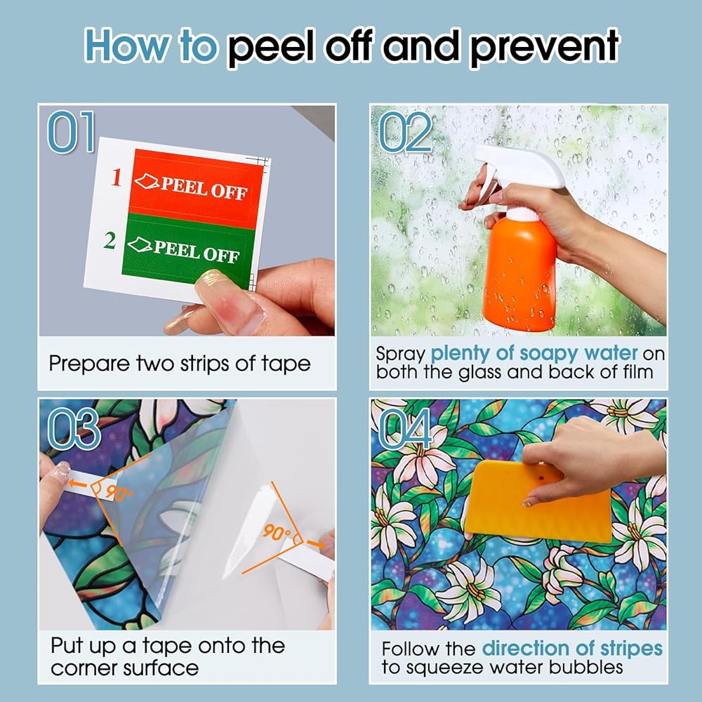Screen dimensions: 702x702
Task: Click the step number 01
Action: (72, 132)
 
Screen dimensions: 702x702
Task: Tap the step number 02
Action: (406, 132)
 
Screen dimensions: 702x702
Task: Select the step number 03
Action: (74, 429)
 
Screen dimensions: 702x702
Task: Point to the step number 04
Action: (406, 429)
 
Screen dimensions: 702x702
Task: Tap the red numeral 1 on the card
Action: (117, 178)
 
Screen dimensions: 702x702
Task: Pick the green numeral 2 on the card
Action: (110, 240)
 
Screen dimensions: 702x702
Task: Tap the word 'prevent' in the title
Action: (545, 46)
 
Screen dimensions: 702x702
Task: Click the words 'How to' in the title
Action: (152, 44)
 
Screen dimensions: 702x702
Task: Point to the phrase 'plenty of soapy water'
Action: (534, 354)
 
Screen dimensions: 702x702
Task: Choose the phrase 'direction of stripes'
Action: (572, 649)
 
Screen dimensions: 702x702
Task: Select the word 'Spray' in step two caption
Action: (400, 355)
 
